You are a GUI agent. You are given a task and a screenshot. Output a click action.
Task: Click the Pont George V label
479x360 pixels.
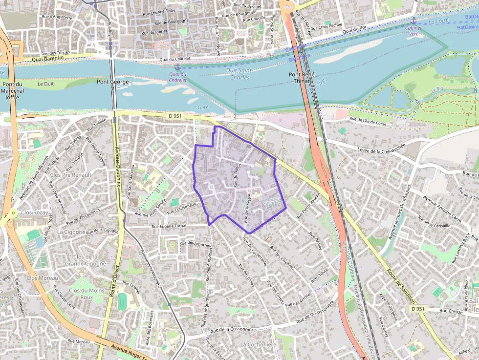pyautogui.click(x=113, y=85)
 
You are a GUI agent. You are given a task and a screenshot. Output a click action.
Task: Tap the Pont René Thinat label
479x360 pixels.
pyautogui.click(x=302, y=78)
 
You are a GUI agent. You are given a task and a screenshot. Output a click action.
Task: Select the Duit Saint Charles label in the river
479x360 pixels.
pyautogui.click(x=240, y=74)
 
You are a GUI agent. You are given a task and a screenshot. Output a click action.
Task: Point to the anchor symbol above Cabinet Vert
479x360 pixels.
pyautogui.click(x=414, y=21)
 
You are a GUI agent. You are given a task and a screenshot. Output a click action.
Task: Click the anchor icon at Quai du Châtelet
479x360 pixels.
pyautogui.click(x=177, y=67)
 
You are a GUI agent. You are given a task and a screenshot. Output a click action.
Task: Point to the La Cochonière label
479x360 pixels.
pyautogui.click(x=259, y=344)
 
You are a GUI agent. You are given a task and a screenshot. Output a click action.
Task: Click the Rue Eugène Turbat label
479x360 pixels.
pyautogui.click(x=169, y=227)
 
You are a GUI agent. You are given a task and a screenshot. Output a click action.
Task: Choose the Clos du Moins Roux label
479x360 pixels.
pyautogui.click(x=87, y=294)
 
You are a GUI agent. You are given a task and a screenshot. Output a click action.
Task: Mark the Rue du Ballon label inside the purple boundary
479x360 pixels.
pyautogui.click(x=238, y=175)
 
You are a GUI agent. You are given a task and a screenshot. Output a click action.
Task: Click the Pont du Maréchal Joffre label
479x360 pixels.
pyautogui.click(x=10, y=91)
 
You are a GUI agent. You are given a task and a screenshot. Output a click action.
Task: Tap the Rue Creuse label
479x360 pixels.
pyautogui.click(x=451, y=310)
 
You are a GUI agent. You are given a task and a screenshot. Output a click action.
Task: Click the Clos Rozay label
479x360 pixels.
pyautogui.click(x=33, y=212)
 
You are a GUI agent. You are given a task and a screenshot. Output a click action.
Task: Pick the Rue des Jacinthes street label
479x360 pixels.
pyautogui.click(x=196, y=244)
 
